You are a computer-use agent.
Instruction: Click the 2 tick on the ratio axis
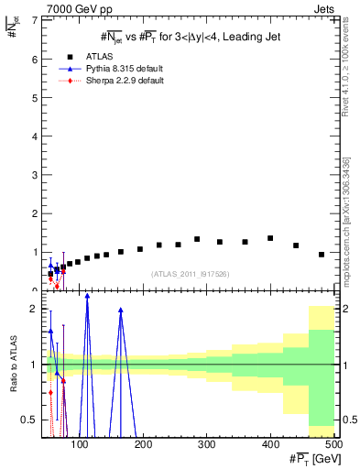(x=34, y=309)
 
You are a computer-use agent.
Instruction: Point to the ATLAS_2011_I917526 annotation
(x=189, y=275)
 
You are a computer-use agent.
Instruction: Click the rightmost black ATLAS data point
(x=322, y=254)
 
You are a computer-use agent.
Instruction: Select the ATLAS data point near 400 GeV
(x=270, y=238)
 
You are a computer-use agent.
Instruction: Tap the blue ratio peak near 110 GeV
(x=87, y=296)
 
